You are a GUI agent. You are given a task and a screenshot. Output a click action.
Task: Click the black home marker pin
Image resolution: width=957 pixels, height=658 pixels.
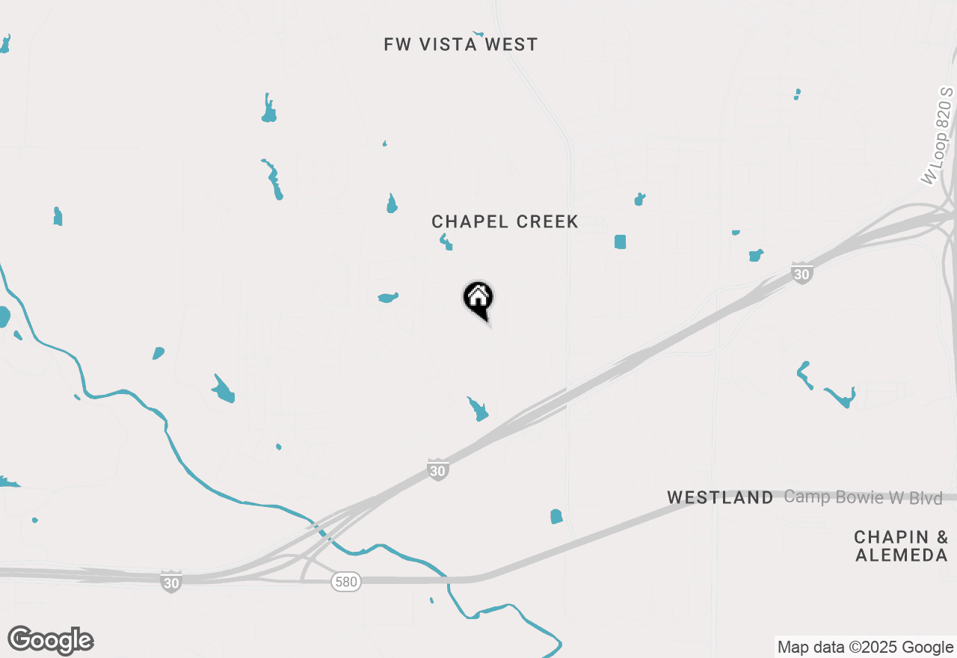478,299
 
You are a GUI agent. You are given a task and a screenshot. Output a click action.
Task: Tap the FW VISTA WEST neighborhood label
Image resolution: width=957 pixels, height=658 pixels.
461,45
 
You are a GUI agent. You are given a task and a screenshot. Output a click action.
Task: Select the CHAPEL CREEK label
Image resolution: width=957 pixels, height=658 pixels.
505,222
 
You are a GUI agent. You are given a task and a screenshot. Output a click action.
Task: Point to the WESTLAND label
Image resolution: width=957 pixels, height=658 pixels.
720,498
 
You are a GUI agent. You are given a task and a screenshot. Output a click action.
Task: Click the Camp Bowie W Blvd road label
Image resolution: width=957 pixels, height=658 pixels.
864,498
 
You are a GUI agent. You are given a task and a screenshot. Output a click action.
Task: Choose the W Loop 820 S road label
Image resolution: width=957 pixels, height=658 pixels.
938,135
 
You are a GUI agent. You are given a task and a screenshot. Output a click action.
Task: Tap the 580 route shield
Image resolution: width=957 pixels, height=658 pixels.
347,581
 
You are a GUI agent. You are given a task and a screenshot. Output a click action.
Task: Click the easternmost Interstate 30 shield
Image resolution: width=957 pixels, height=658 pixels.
802,273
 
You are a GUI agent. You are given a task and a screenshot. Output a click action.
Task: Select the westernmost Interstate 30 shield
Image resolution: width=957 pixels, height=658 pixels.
171,581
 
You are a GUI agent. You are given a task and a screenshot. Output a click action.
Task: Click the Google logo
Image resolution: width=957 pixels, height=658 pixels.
51,641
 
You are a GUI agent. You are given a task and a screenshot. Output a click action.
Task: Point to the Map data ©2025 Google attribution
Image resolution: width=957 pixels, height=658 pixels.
865,648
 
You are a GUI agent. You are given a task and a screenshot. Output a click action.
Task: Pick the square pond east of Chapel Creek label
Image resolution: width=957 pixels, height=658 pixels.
620,242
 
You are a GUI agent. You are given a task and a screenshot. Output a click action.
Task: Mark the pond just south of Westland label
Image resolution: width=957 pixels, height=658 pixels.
556,517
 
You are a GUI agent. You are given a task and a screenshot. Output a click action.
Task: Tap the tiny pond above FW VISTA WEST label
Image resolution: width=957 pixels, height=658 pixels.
478,34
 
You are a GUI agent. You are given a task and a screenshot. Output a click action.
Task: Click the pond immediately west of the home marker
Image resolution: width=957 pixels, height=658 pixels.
388,298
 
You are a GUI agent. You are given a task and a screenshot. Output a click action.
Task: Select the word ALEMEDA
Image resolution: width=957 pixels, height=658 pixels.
902,556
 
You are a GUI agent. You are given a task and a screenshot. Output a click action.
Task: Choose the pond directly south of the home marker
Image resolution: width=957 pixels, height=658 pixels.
477,410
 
